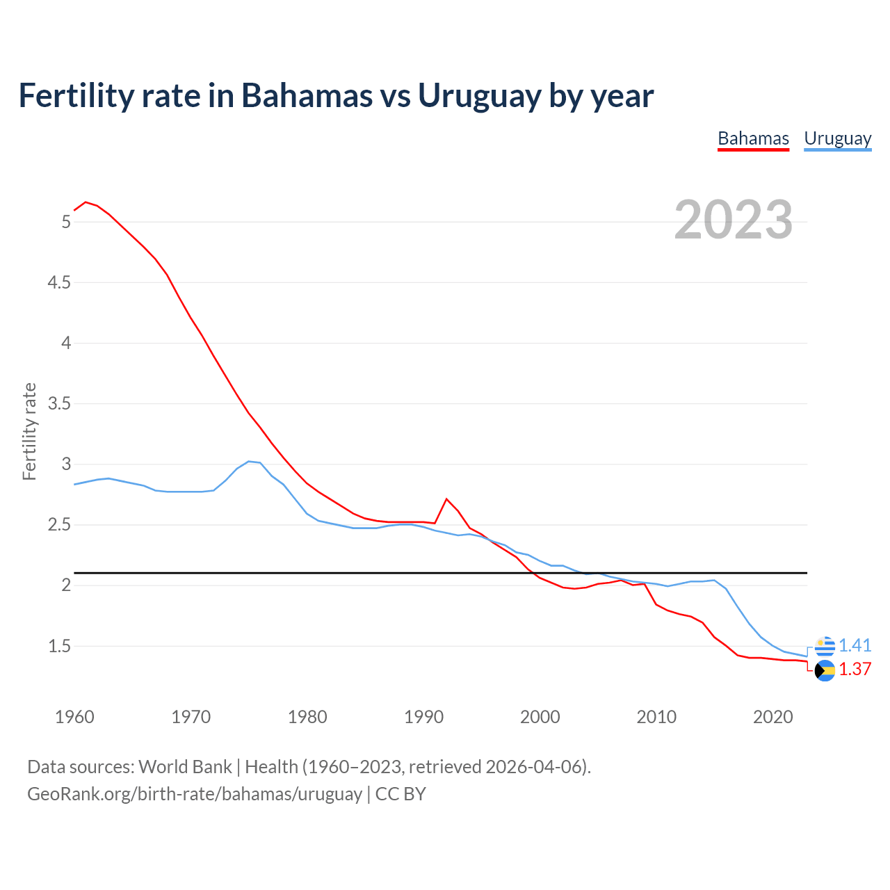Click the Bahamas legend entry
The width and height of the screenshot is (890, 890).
tap(753, 138)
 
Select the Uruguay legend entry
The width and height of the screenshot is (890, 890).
tap(837, 138)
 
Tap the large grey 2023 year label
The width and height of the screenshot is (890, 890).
tap(734, 220)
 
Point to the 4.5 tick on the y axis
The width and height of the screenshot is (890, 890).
tap(59, 282)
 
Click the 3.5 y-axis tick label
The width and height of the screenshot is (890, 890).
tap(59, 403)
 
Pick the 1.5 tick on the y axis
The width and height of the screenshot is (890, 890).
tap(59, 646)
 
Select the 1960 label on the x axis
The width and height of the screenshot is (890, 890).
tap(74, 717)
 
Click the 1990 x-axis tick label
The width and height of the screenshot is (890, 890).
tap(423, 717)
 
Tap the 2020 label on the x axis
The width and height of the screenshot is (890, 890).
tap(772, 717)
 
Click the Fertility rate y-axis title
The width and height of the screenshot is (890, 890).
tap(29, 431)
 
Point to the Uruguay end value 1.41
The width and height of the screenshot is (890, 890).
tap(855, 645)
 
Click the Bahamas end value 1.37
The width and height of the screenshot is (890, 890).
tap(855, 669)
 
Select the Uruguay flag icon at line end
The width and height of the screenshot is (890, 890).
tap(825, 646)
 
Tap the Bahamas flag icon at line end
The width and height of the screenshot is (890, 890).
tap(825, 671)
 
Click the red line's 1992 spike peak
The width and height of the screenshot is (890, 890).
tap(446, 499)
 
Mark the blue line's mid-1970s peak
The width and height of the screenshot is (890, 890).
tap(249, 461)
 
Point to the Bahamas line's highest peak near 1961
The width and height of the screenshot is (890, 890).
tap(86, 202)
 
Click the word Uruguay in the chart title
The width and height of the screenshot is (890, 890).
tap(479, 95)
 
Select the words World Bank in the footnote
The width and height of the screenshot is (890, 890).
tap(185, 767)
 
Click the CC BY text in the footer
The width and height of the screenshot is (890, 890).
tap(400, 794)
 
